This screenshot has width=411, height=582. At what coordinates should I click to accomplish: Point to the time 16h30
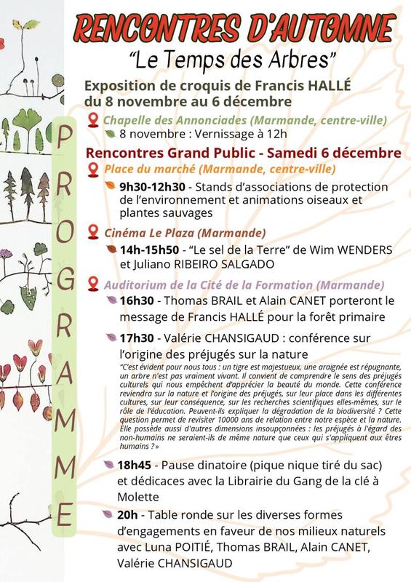coord(136,300)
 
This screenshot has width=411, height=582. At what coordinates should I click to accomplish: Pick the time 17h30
coord(136,338)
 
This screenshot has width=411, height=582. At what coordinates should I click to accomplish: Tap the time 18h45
coord(136,465)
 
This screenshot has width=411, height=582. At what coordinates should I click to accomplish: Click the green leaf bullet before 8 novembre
coord(110,135)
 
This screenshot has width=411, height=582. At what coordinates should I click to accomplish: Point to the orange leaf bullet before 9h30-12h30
coord(110,186)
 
